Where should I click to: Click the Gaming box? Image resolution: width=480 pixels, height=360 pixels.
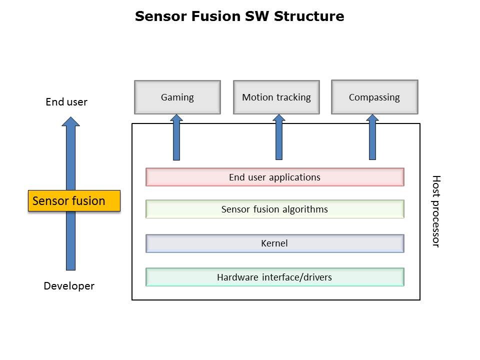click(177, 97)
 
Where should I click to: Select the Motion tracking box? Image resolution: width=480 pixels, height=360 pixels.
click(276, 97)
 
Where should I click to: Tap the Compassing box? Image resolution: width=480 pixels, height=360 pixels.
click(374, 97)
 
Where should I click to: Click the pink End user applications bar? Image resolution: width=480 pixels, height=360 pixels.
click(274, 177)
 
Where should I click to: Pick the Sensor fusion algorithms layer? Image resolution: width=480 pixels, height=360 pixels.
click(274, 209)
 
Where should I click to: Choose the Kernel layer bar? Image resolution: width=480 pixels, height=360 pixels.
click(274, 243)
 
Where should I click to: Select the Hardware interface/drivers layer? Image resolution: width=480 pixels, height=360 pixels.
click(274, 277)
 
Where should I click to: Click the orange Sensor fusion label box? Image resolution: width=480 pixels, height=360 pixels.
click(74, 201)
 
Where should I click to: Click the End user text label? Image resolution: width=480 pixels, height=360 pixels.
click(66, 102)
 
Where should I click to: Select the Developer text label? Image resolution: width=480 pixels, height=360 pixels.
click(69, 286)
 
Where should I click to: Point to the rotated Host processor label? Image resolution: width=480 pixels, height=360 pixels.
click(435, 211)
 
